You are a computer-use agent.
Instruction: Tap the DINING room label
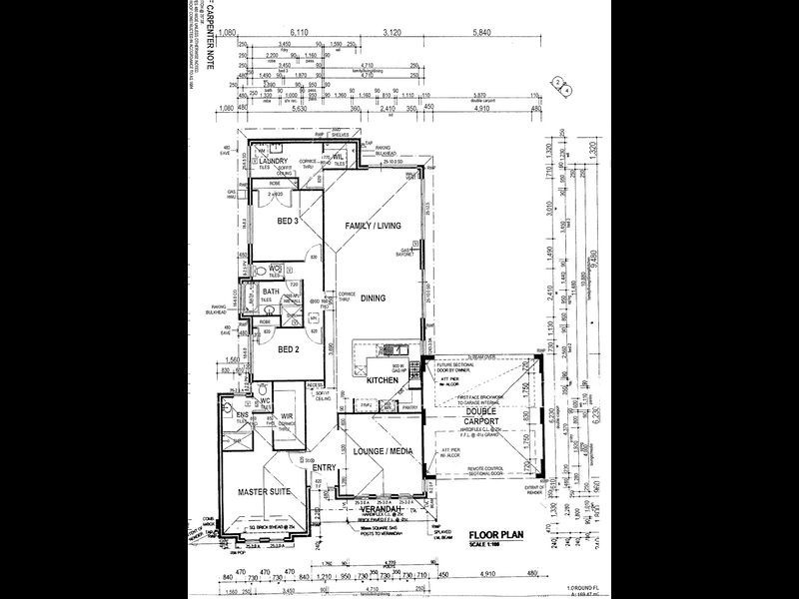point(373,298)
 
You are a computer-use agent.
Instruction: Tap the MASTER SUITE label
point(263,492)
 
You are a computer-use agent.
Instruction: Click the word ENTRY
point(324,467)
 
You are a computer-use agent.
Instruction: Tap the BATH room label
point(271,292)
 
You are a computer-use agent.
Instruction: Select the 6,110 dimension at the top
point(302,34)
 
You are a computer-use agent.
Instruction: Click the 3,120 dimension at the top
point(396,34)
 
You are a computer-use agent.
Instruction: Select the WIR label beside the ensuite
point(287,416)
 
